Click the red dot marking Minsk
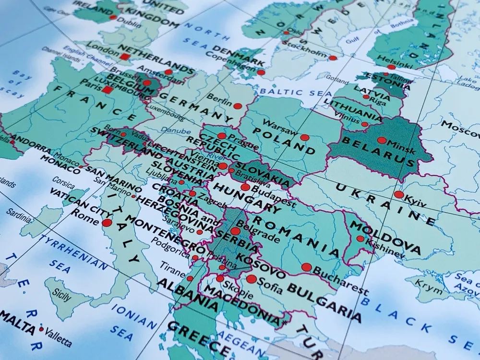coord(382,141)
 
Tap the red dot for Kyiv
coord(398,194)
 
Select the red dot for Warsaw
coord(304,137)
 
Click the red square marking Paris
coord(108,90)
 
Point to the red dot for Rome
coord(107,223)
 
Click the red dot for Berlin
coord(238,106)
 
